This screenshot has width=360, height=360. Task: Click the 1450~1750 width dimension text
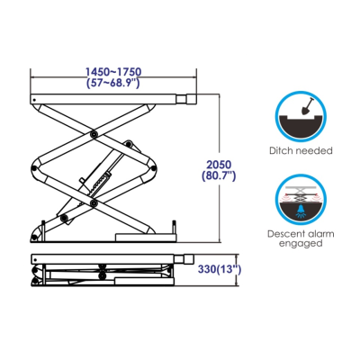(x=113, y=72)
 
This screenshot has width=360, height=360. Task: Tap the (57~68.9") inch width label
(x=113, y=83)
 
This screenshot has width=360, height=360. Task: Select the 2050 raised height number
(x=219, y=165)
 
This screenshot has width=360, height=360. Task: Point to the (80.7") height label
(x=219, y=175)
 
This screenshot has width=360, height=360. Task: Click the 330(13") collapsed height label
(x=220, y=269)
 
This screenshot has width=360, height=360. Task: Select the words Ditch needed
(x=301, y=150)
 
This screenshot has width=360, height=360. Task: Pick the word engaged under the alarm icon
(x=301, y=243)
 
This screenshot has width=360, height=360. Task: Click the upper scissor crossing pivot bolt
(x=94, y=134)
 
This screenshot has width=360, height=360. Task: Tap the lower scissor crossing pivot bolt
(x=94, y=203)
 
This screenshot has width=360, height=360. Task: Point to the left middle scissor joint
(x=35, y=168)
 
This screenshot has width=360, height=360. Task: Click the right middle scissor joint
(x=153, y=168)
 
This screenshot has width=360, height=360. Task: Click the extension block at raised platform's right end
(x=186, y=99)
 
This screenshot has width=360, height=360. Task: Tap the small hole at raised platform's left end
(x=34, y=100)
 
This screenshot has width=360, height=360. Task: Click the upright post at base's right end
(x=173, y=228)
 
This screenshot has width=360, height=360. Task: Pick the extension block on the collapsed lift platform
(x=184, y=259)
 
